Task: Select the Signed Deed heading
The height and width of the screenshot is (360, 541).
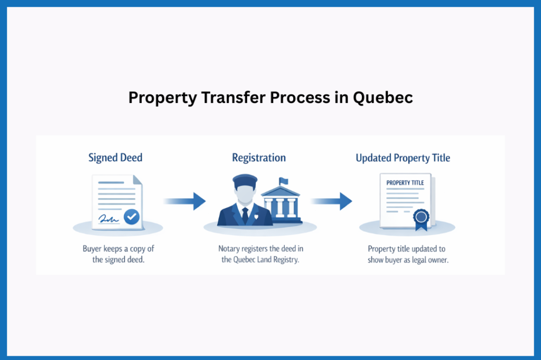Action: [115, 158]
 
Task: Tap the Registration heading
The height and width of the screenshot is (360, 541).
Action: [259, 158]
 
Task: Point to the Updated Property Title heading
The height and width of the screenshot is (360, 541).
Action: [403, 158]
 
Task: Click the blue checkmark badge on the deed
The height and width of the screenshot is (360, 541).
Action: [130, 216]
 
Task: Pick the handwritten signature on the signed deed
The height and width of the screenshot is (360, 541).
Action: [108, 217]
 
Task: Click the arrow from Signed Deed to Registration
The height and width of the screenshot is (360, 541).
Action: [184, 201]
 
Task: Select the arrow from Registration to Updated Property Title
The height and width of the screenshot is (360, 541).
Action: [331, 201]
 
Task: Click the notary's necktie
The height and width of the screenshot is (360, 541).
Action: [245, 214]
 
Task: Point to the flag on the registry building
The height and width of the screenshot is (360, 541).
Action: [283, 182]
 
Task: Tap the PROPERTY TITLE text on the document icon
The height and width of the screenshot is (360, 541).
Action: [405, 183]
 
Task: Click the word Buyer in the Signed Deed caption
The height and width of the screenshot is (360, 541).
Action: [92, 249]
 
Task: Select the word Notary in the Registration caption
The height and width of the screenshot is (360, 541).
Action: [229, 249]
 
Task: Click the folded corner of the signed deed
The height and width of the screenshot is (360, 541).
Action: [137, 180]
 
